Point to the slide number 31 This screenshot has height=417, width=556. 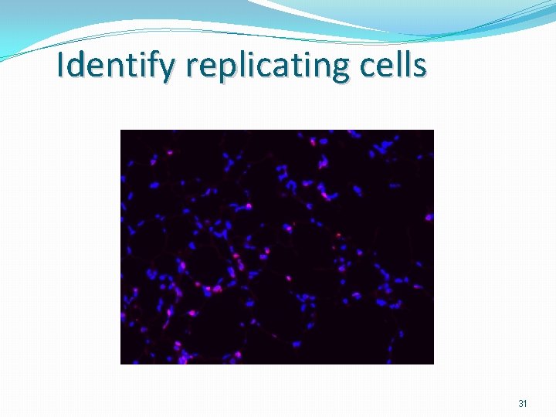pos(523,404)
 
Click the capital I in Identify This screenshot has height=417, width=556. pos(63,66)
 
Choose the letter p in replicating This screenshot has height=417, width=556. pos(224,69)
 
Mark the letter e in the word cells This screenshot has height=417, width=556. pos(386,68)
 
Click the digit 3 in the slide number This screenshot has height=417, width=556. pos(520,404)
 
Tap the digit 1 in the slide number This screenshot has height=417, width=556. pos(525,404)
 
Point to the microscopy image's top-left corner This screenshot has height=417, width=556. pos(121,131)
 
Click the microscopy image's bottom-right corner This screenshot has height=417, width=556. pos(433,363)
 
